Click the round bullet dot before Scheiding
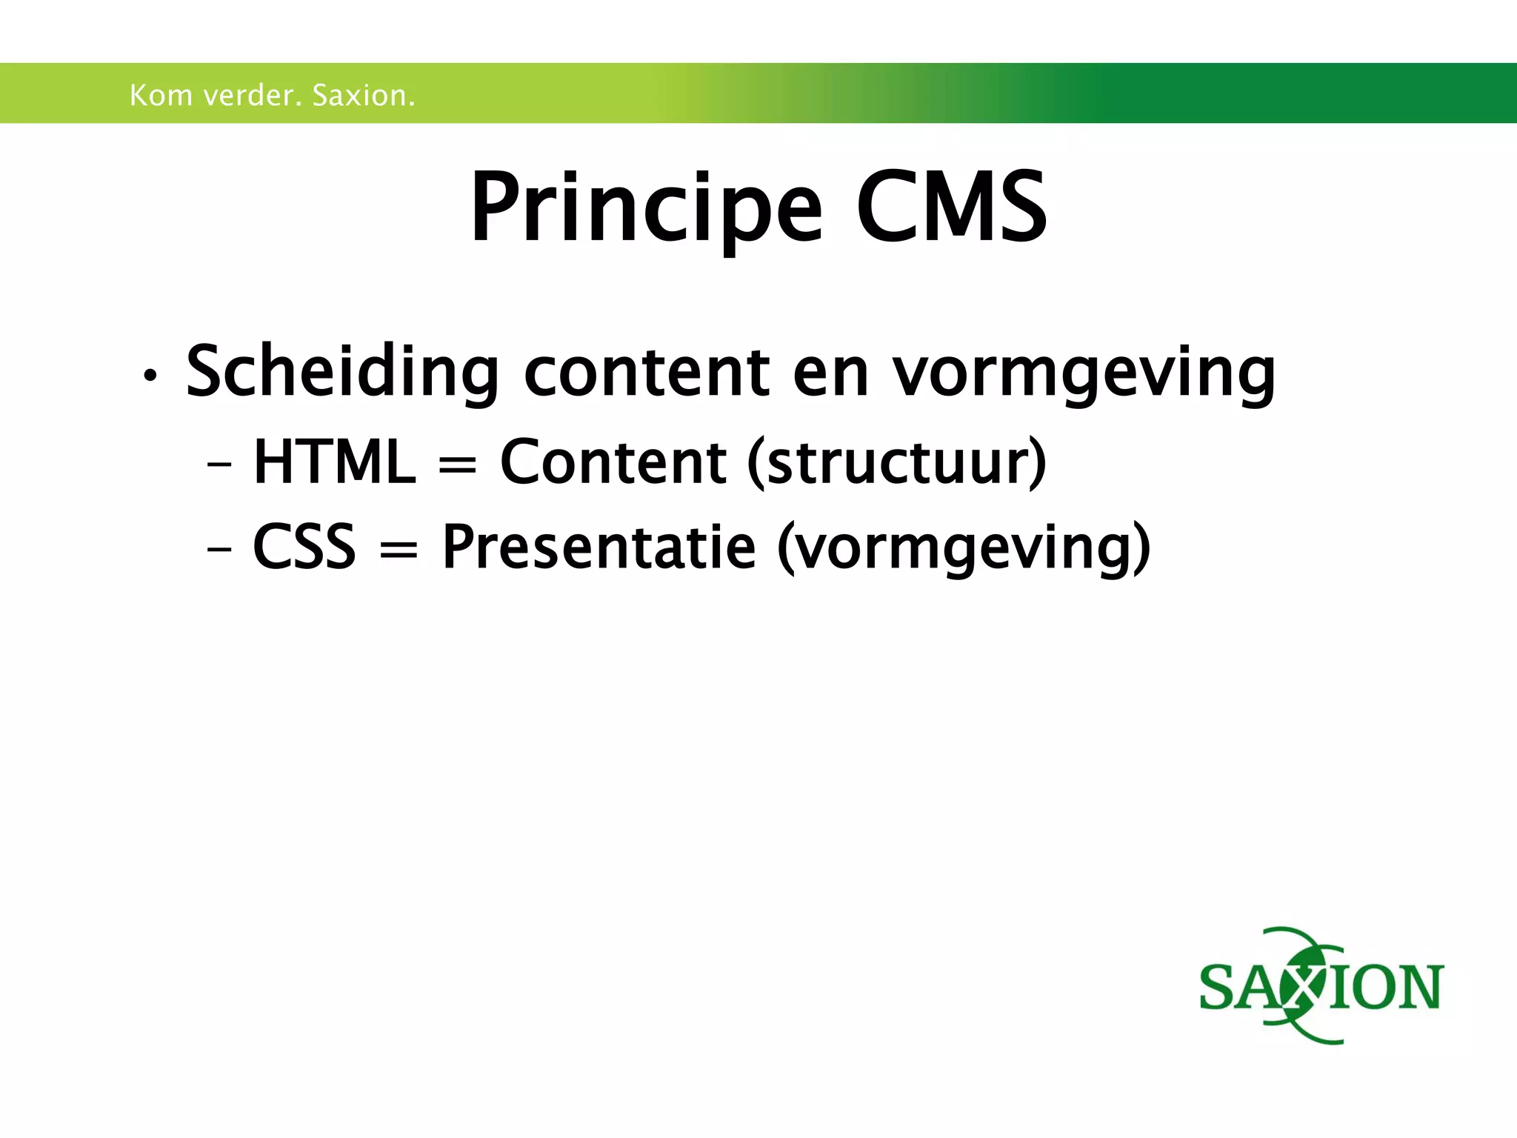150,376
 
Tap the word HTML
335,462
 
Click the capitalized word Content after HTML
613,462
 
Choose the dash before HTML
219,466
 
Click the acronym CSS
304,547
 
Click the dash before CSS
219,550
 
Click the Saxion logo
1321,986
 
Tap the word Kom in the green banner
160,96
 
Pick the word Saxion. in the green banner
364,96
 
